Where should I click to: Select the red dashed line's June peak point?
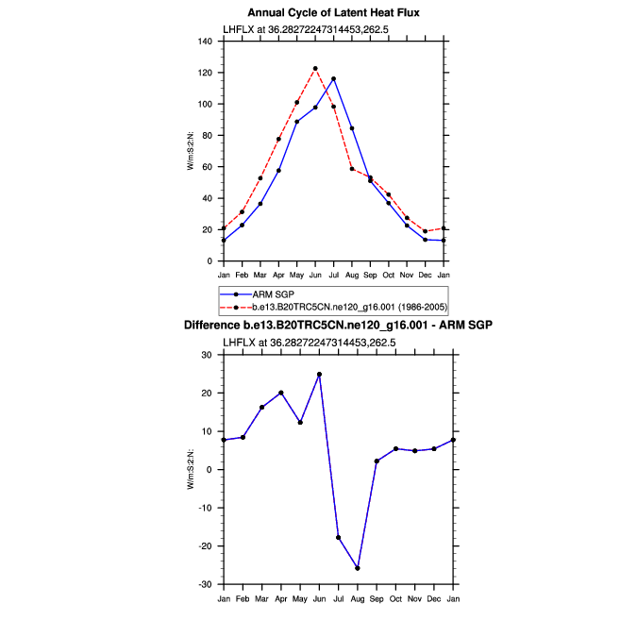pos(315,69)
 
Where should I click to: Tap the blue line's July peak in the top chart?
pos(333,79)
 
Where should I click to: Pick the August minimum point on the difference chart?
pos(358,568)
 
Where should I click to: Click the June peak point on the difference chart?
pos(320,375)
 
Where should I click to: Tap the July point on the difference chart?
pos(338,538)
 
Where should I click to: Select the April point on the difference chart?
pos(281,393)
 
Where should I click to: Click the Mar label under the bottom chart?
pos(260,598)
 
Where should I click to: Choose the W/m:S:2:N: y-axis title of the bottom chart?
pos(191,470)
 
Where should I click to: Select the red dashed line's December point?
pos(425,231)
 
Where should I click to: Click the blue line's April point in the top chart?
pos(278,171)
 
